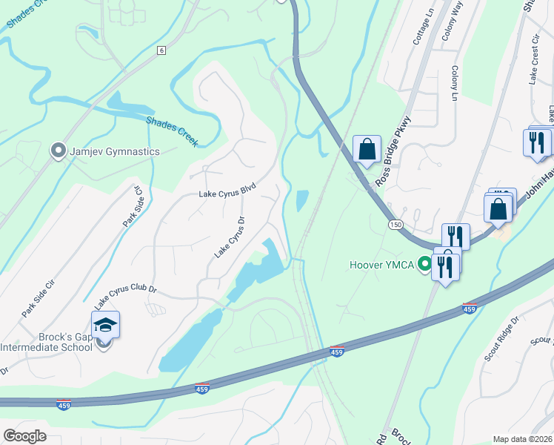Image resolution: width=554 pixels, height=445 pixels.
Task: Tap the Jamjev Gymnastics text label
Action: pyautogui.click(x=114, y=151)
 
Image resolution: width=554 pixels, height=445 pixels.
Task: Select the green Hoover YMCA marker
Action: pyautogui.click(x=424, y=264)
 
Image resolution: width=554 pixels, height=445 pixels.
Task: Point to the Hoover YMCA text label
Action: pyautogui.click(x=382, y=264)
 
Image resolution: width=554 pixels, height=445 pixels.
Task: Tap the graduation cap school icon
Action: pyautogui.click(x=105, y=325)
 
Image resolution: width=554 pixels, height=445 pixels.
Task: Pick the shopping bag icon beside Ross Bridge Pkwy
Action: pyautogui.click(x=367, y=149)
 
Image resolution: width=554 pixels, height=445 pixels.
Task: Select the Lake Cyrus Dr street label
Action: pyautogui.click(x=230, y=237)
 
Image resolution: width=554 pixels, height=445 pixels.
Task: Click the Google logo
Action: pyautogui.click(x=24, y=436)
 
